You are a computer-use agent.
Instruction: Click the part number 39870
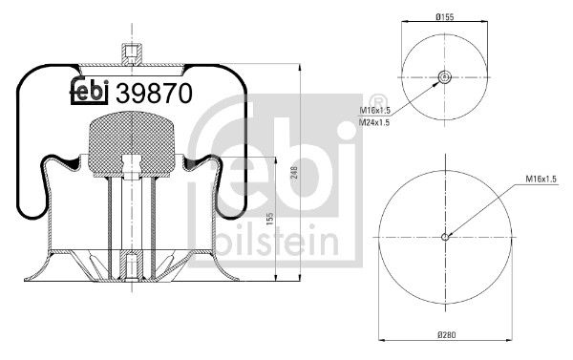coord(154,93)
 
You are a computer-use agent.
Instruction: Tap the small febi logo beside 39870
coord(91,93)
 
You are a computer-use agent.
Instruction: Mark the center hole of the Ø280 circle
coord(445,236)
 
